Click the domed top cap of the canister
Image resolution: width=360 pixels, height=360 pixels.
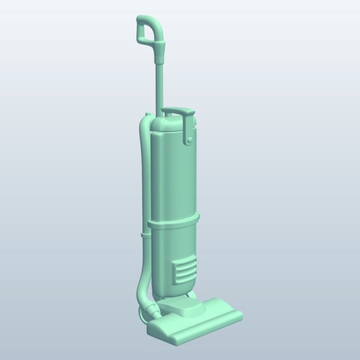168,123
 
